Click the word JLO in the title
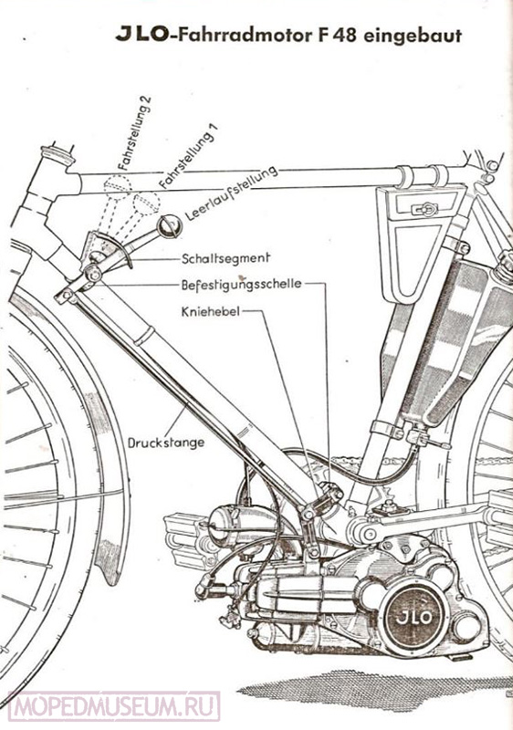coord(141,36)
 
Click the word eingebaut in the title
coord(413,36)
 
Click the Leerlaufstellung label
coord(231,193)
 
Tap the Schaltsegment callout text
coord(225,259)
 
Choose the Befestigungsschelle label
coord(241,285)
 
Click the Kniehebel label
coord(211,311)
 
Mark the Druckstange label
coord(166,442)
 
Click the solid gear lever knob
coord(169,225)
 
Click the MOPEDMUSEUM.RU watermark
coord(114,705)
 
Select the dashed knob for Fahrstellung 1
coord(146,203)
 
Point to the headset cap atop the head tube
coord(58,155)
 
